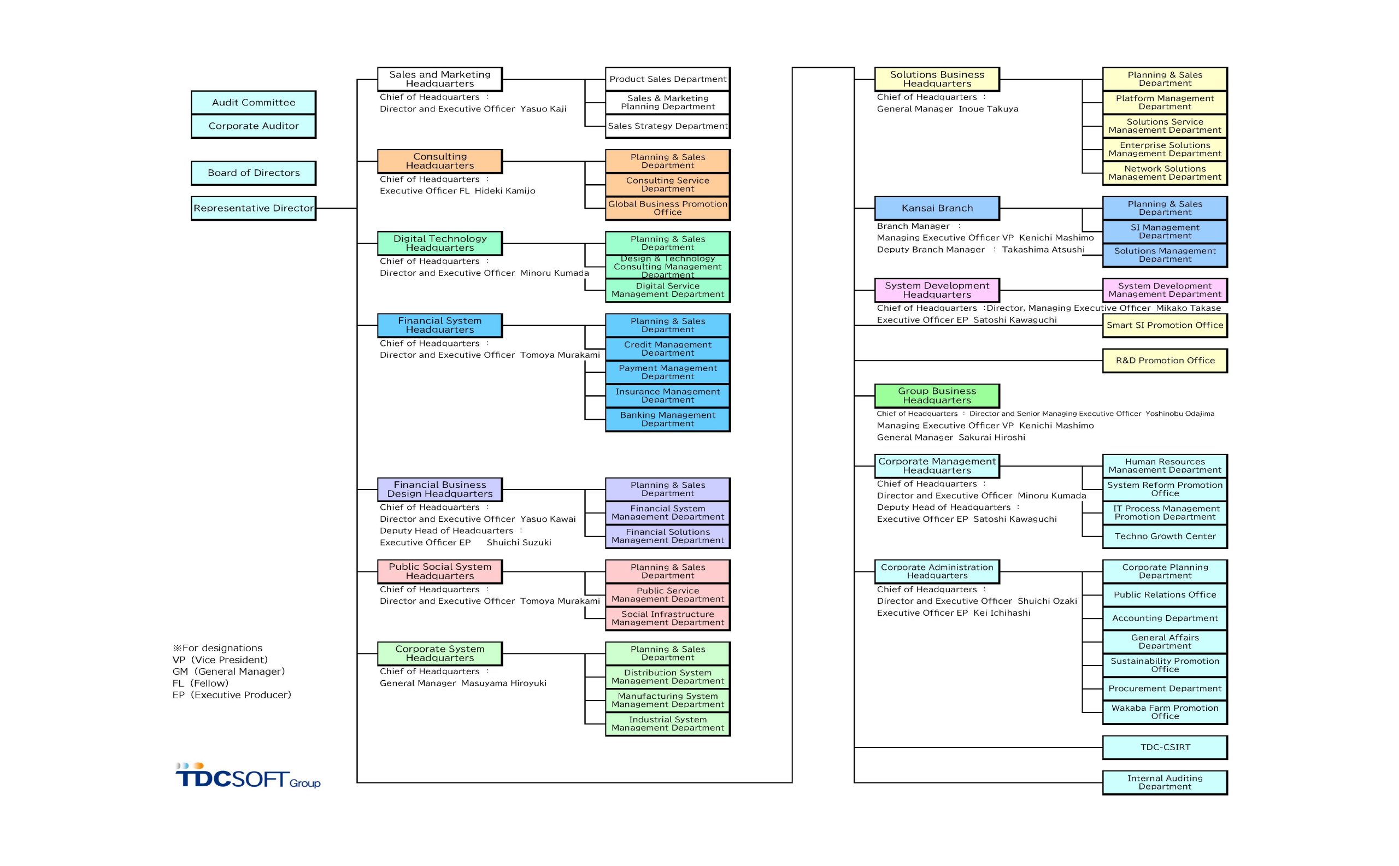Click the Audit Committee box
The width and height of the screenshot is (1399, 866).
(253, 103)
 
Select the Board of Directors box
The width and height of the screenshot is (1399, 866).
(253, 173)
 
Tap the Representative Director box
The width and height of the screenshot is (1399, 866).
(253, 208)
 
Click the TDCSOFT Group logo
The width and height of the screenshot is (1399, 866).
(248, 776)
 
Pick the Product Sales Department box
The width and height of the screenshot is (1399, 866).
(667, 79)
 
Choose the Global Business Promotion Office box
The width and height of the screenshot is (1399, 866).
(667, 208)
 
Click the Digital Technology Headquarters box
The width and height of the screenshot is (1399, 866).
(439, 244)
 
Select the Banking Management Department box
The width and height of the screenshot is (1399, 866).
(667, 419)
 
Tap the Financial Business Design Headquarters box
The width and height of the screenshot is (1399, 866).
(439, 489)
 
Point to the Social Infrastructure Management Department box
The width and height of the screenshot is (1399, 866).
(667, 618)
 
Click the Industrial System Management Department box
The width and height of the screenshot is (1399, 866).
(667, 724)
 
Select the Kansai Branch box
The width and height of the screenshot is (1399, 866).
(937, 208)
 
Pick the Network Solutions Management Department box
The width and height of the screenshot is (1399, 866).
(1165, 173)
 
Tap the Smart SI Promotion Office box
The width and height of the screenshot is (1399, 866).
(1165, 325)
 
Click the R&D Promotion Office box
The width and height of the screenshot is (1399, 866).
(1165, 361)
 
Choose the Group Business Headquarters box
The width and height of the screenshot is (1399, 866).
(937, 396)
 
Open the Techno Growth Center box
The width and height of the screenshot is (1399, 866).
(1165, 537)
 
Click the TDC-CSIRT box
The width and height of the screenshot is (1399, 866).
(1165, 747)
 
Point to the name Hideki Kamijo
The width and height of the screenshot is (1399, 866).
(505, 191)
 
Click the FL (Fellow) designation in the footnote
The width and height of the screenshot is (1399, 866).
(201, 684)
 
